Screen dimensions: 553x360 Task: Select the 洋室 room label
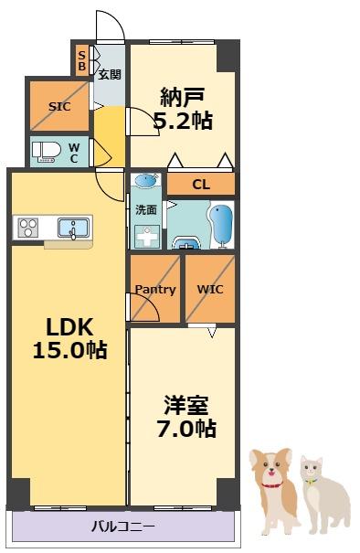point(189,403)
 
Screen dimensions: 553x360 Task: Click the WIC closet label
point(210,289)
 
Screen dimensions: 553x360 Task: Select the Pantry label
point(154,290)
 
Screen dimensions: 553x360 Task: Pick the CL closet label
point(201,185)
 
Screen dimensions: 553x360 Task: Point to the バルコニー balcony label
point(122,526)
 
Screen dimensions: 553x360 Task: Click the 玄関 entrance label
point(110,75)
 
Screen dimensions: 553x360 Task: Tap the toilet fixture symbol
point(46,150)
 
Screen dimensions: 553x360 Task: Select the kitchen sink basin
point(73,226)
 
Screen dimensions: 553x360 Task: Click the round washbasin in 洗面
point(143,182)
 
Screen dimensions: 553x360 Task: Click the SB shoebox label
point(81,60)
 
